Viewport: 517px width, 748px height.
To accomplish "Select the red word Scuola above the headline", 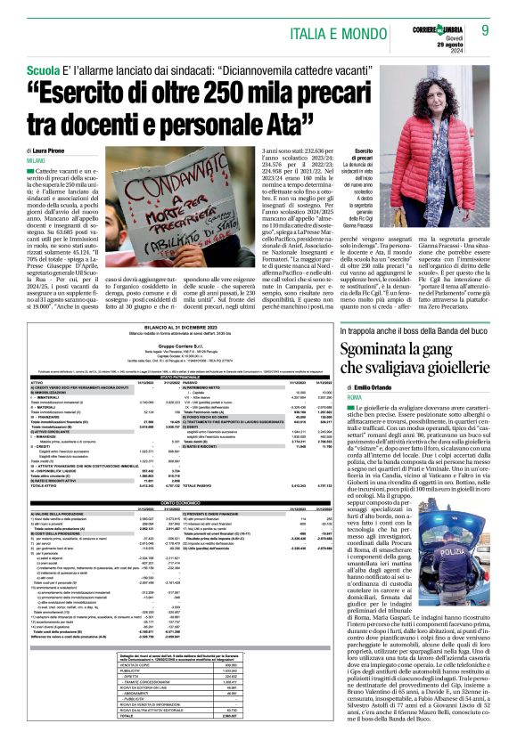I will click(44, 69).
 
